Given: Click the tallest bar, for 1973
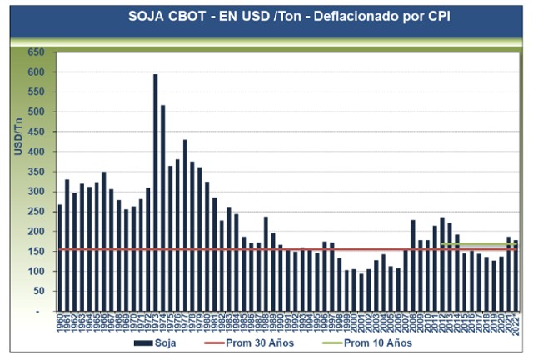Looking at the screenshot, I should click(155, 192).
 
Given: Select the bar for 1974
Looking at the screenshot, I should click(162, 207).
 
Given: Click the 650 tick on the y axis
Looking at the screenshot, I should click(36, 52).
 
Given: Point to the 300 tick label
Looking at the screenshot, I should click(36, 192).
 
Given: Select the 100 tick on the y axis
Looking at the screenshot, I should click(36, 272).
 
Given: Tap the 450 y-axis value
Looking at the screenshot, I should click(36, 132).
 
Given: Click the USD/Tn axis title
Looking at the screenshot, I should click(17, 136).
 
